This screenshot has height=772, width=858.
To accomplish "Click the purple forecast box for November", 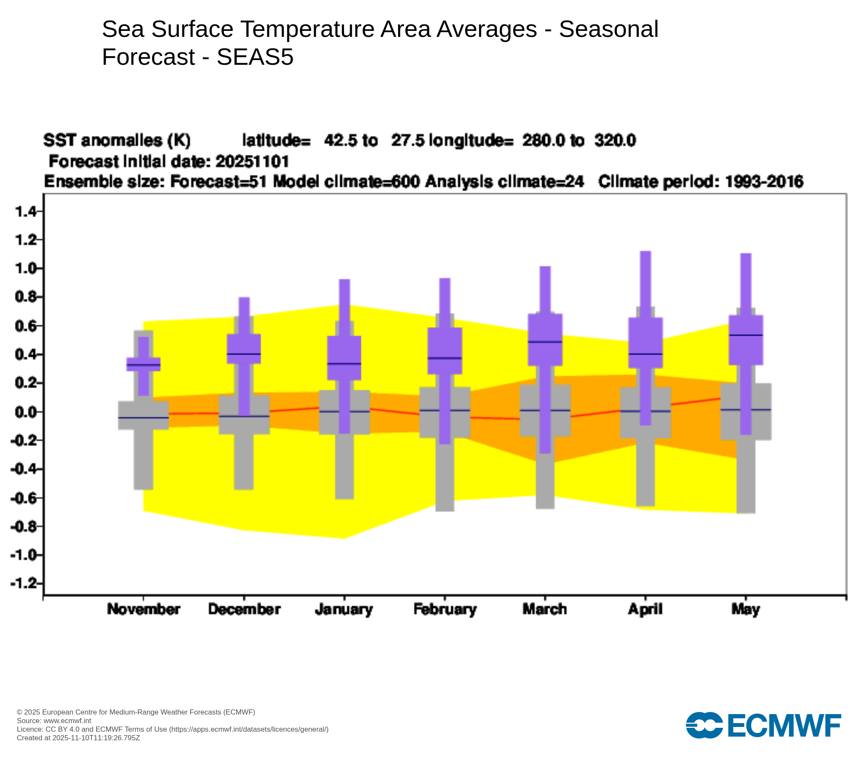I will coord(143,364).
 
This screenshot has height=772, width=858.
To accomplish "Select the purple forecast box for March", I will coord(545,339).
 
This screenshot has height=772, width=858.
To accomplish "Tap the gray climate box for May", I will coord(746,412).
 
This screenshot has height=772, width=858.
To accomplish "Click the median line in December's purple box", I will coord(244,354).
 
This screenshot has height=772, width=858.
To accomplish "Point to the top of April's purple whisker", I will coord(645,252).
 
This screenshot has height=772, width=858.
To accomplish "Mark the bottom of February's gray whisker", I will coord(444,510).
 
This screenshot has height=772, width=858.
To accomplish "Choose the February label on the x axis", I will coord(445,609).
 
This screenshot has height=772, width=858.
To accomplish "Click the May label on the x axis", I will coord(746,609).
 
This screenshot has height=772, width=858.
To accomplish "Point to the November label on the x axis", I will coord(143,609).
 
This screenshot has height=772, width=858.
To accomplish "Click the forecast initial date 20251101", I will coord(252,162).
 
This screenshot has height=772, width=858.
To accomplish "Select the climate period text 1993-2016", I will coord(764,182).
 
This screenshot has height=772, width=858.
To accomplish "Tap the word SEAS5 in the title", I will coord(255,57).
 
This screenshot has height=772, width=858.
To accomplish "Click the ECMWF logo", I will coord(763,725).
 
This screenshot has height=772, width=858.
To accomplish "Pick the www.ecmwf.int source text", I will coord(67,721).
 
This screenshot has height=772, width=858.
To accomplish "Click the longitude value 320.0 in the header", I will coord(615,141).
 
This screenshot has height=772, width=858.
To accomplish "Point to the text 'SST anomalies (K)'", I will coord(117,141).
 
